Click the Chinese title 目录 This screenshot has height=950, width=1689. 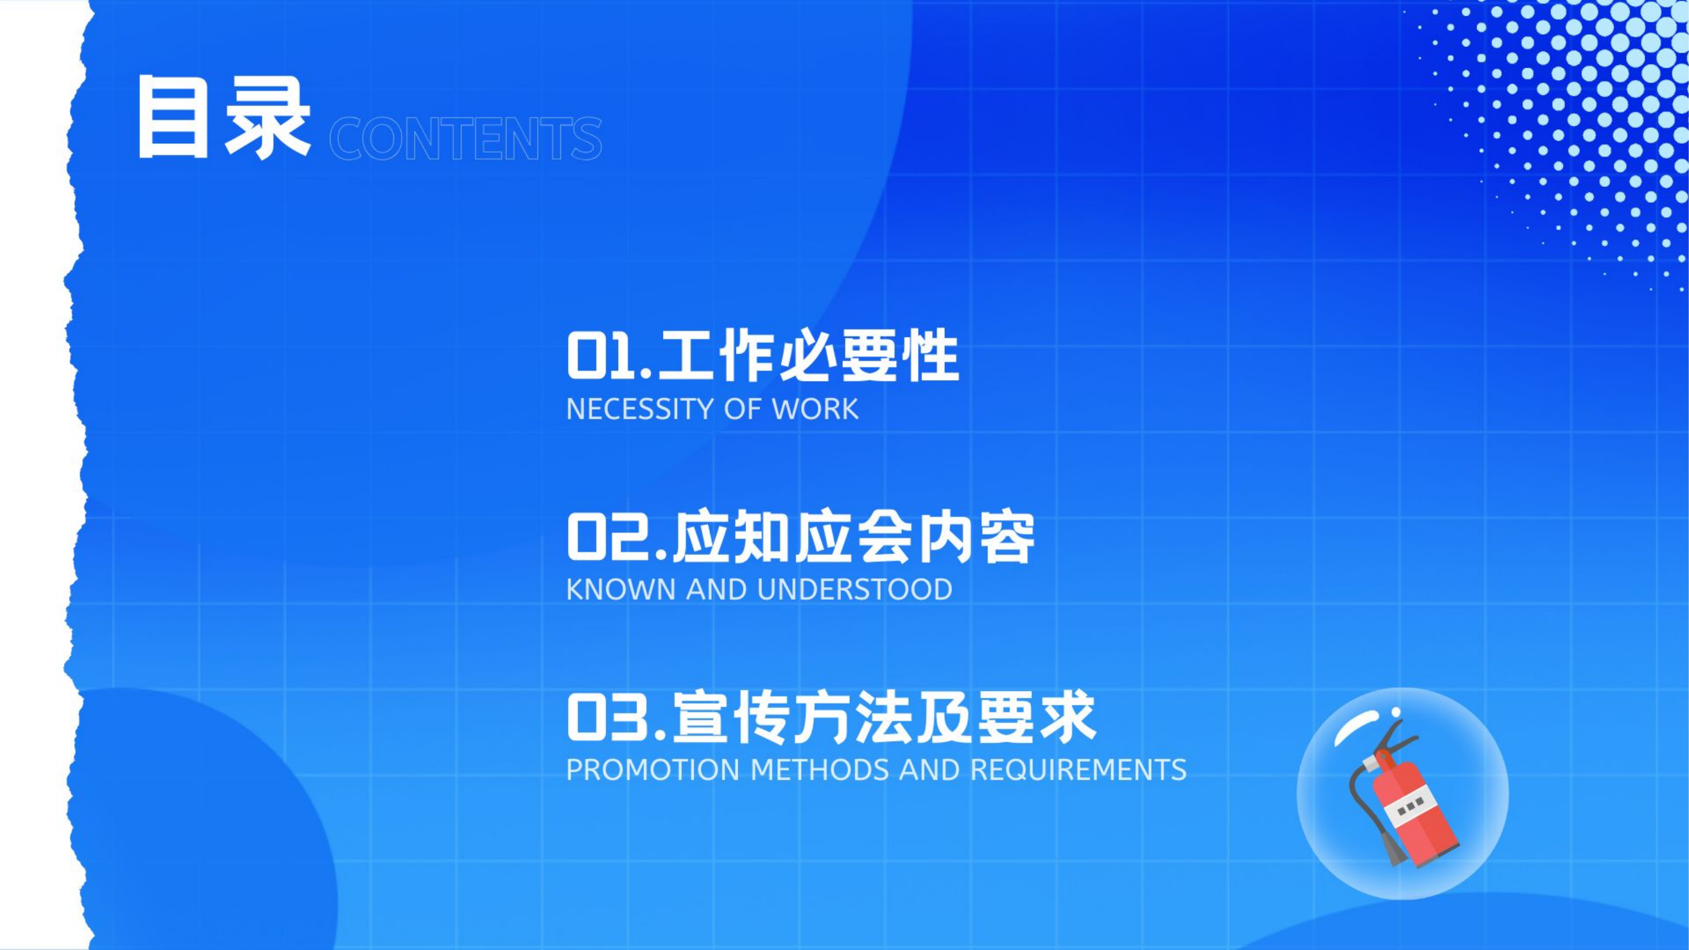[223, 118]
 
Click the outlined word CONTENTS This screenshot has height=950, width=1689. [465, 139]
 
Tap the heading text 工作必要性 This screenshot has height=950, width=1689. [809, 357]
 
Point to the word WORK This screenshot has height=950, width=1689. [815, 409]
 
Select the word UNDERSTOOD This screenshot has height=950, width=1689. [854, 590]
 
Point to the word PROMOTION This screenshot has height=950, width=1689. [652, 769]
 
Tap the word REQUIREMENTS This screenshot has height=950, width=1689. [1078, 769]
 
